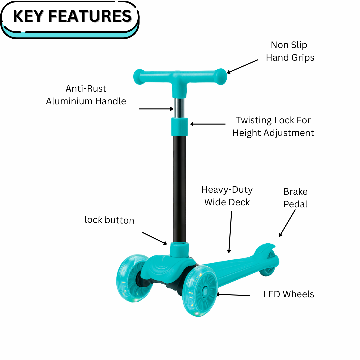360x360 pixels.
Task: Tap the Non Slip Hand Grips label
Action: click(x=290, y=51)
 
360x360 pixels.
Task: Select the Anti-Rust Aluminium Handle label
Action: click(x=86, y=95)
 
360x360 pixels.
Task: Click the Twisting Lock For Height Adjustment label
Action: click(x=273, y=127)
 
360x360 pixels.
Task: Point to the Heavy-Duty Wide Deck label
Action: click(x=227, y=196)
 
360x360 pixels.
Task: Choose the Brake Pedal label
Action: click(x=295, y=198)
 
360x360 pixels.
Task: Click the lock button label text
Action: click(x=109, y=220)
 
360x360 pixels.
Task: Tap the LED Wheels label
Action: click(x=288, y=294)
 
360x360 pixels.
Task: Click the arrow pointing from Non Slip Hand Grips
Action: click(x=242, y=66)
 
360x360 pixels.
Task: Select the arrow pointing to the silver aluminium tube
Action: click(x=156, y=109)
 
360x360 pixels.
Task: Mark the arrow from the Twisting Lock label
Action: click(x=208, y=124)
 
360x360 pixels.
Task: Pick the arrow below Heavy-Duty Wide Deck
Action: click(x=230, y=232)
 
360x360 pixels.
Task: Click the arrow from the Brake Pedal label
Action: click(x=287, y=223)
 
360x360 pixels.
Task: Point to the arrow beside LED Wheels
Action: click(x=233, y=295)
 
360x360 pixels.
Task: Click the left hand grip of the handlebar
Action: click(x=140, y=76)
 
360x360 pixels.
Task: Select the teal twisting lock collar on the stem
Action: click(x=180, y=127)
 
